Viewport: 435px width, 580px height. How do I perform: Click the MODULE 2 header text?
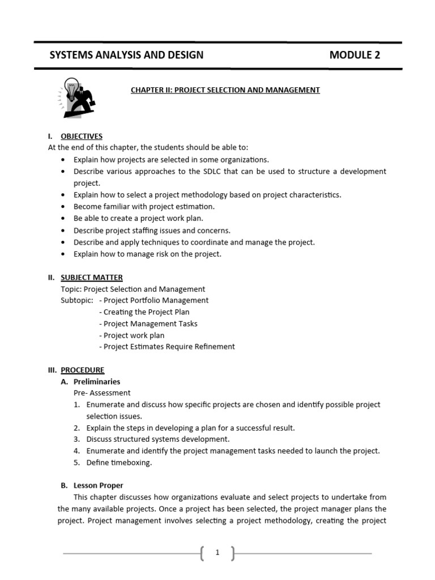355,55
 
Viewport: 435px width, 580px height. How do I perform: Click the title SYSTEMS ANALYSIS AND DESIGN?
126,55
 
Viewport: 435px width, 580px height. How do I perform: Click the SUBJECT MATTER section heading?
92,278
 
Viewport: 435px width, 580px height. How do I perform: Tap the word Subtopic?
77,301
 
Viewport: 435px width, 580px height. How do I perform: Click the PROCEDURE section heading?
83,370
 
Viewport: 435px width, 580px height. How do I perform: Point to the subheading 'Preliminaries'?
97,382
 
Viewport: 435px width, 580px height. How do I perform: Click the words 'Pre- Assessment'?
102,393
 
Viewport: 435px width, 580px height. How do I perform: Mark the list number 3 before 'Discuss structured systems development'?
76,440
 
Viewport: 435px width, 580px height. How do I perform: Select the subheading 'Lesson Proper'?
99,485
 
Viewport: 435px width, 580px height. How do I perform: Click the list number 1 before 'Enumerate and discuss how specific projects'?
76,405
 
